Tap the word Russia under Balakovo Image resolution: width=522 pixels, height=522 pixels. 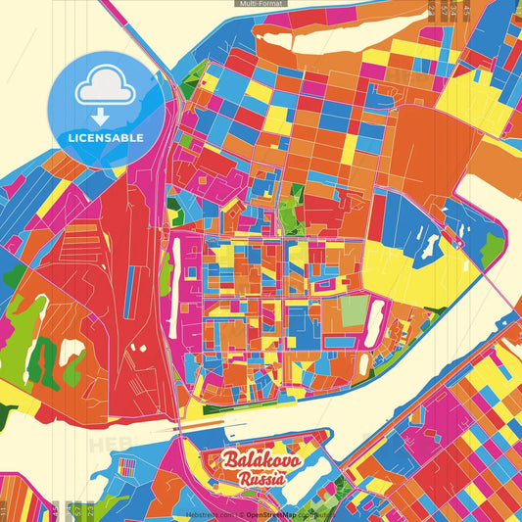pos(261,479)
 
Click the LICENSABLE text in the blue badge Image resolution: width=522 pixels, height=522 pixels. pos(106,137)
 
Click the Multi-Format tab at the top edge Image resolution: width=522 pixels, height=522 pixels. pos(261,4)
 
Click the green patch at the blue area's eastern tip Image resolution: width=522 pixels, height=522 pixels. pos(492,249)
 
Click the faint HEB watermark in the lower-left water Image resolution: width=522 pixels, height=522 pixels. pos(108,444)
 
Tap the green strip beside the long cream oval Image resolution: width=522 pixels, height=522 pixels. pos(166,275)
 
